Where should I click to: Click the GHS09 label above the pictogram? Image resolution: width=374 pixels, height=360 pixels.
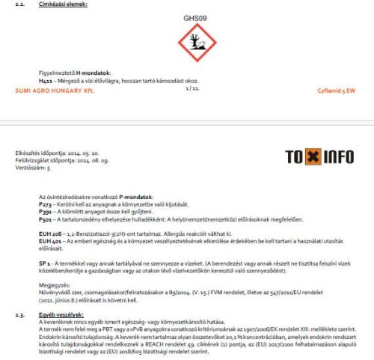[193, 18]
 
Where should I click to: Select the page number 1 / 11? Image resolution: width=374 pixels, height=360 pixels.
[192, 88]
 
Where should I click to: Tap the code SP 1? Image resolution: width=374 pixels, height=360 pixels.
[43, 264]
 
